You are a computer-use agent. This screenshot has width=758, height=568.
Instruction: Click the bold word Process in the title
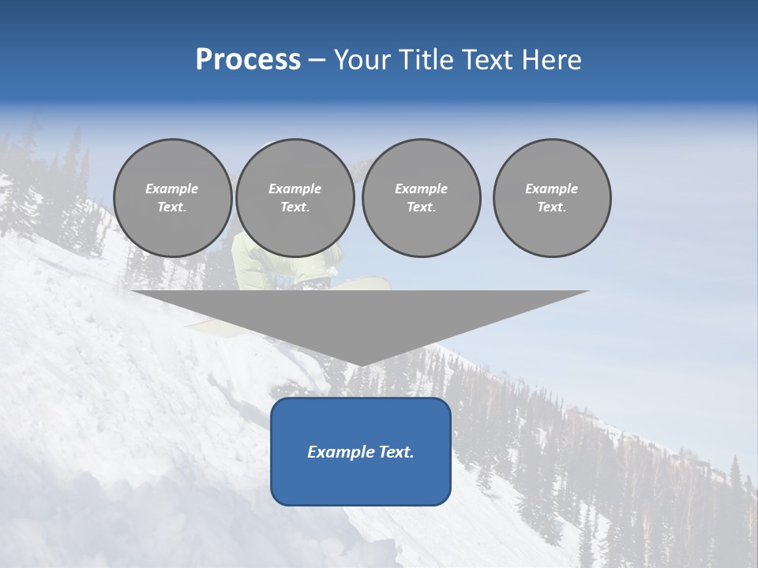click(248, 60)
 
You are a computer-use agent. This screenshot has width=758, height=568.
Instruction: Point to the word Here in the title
click(550, 60)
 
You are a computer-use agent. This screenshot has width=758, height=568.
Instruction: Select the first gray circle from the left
click(173, 198)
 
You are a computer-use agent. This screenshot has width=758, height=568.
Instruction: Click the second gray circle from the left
click(295, 198)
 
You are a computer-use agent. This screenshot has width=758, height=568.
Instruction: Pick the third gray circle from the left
click(422, 198)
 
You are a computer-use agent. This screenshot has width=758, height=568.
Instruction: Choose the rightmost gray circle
click(552, 198)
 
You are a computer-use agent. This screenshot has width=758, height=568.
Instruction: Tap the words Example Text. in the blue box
click(361, 452)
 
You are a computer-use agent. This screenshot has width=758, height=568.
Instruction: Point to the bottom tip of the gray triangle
click(361, 364)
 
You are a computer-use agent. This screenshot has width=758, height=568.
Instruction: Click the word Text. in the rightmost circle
click(552, 207)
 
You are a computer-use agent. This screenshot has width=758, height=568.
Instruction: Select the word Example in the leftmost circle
click(172, 189)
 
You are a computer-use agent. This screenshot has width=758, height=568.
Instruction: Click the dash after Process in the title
click(317, 61)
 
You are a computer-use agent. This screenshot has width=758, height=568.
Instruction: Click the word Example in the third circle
click(421, 189)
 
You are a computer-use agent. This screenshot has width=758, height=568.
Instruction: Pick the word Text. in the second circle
click(295, 207)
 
